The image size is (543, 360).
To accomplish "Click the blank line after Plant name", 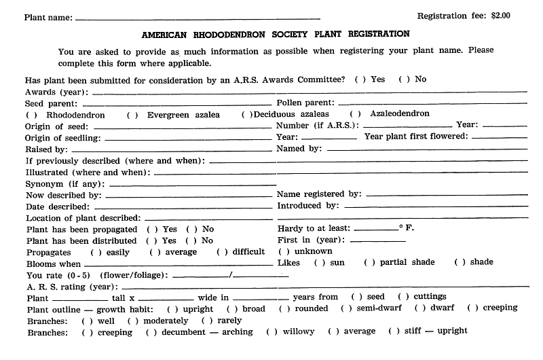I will click(x=197, y=18).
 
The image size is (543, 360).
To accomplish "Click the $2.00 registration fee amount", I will click(x=500, y=15).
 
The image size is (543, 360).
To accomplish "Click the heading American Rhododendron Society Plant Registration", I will click(x=276, y=33).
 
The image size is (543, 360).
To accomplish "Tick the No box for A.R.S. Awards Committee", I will click(x=402, y=79).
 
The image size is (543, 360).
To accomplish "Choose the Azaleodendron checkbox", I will click(x=354, y=114).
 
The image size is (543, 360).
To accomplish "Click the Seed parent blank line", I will click(x=176, y=104).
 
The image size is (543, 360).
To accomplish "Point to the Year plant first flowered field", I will click(x=498, y=137).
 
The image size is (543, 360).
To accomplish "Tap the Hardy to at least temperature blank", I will click(x=375, y=230).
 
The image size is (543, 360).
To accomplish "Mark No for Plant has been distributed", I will click(x=191, y=240).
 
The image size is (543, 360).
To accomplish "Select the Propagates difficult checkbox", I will click(x=221, y=252).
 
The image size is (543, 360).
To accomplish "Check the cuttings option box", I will click(x=402, y=297).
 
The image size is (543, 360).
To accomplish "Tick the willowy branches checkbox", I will click(x=271, y=331).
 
